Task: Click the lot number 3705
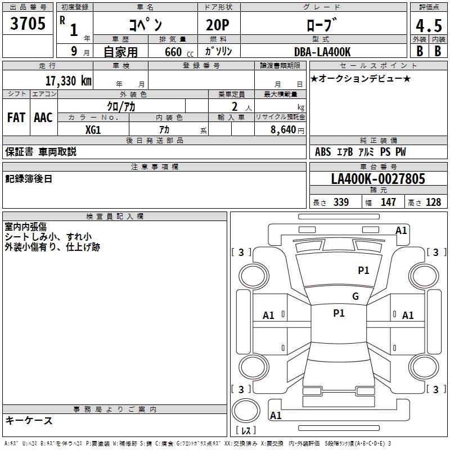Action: [28, 23]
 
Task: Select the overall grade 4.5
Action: [429, 26]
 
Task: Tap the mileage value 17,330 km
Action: [69, 81]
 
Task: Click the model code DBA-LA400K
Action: [322, 52]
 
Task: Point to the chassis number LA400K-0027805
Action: [378, 179]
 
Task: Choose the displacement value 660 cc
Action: [179, 52]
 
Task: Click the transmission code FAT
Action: [16, 118]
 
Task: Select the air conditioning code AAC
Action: [43, 118]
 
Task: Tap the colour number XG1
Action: [93, 130]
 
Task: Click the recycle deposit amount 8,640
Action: [283, 130]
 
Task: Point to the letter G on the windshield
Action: [355, 296]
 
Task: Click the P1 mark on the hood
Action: [363, 271]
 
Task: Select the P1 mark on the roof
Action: [339, 313]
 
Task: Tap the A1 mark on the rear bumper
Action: [276, 415]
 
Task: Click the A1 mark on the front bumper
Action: [401, 231]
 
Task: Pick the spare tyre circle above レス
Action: [246, 411]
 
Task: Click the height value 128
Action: [433, 202]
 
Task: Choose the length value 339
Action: [341, 202]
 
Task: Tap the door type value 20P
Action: [218, 25]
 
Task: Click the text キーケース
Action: [29, 421]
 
